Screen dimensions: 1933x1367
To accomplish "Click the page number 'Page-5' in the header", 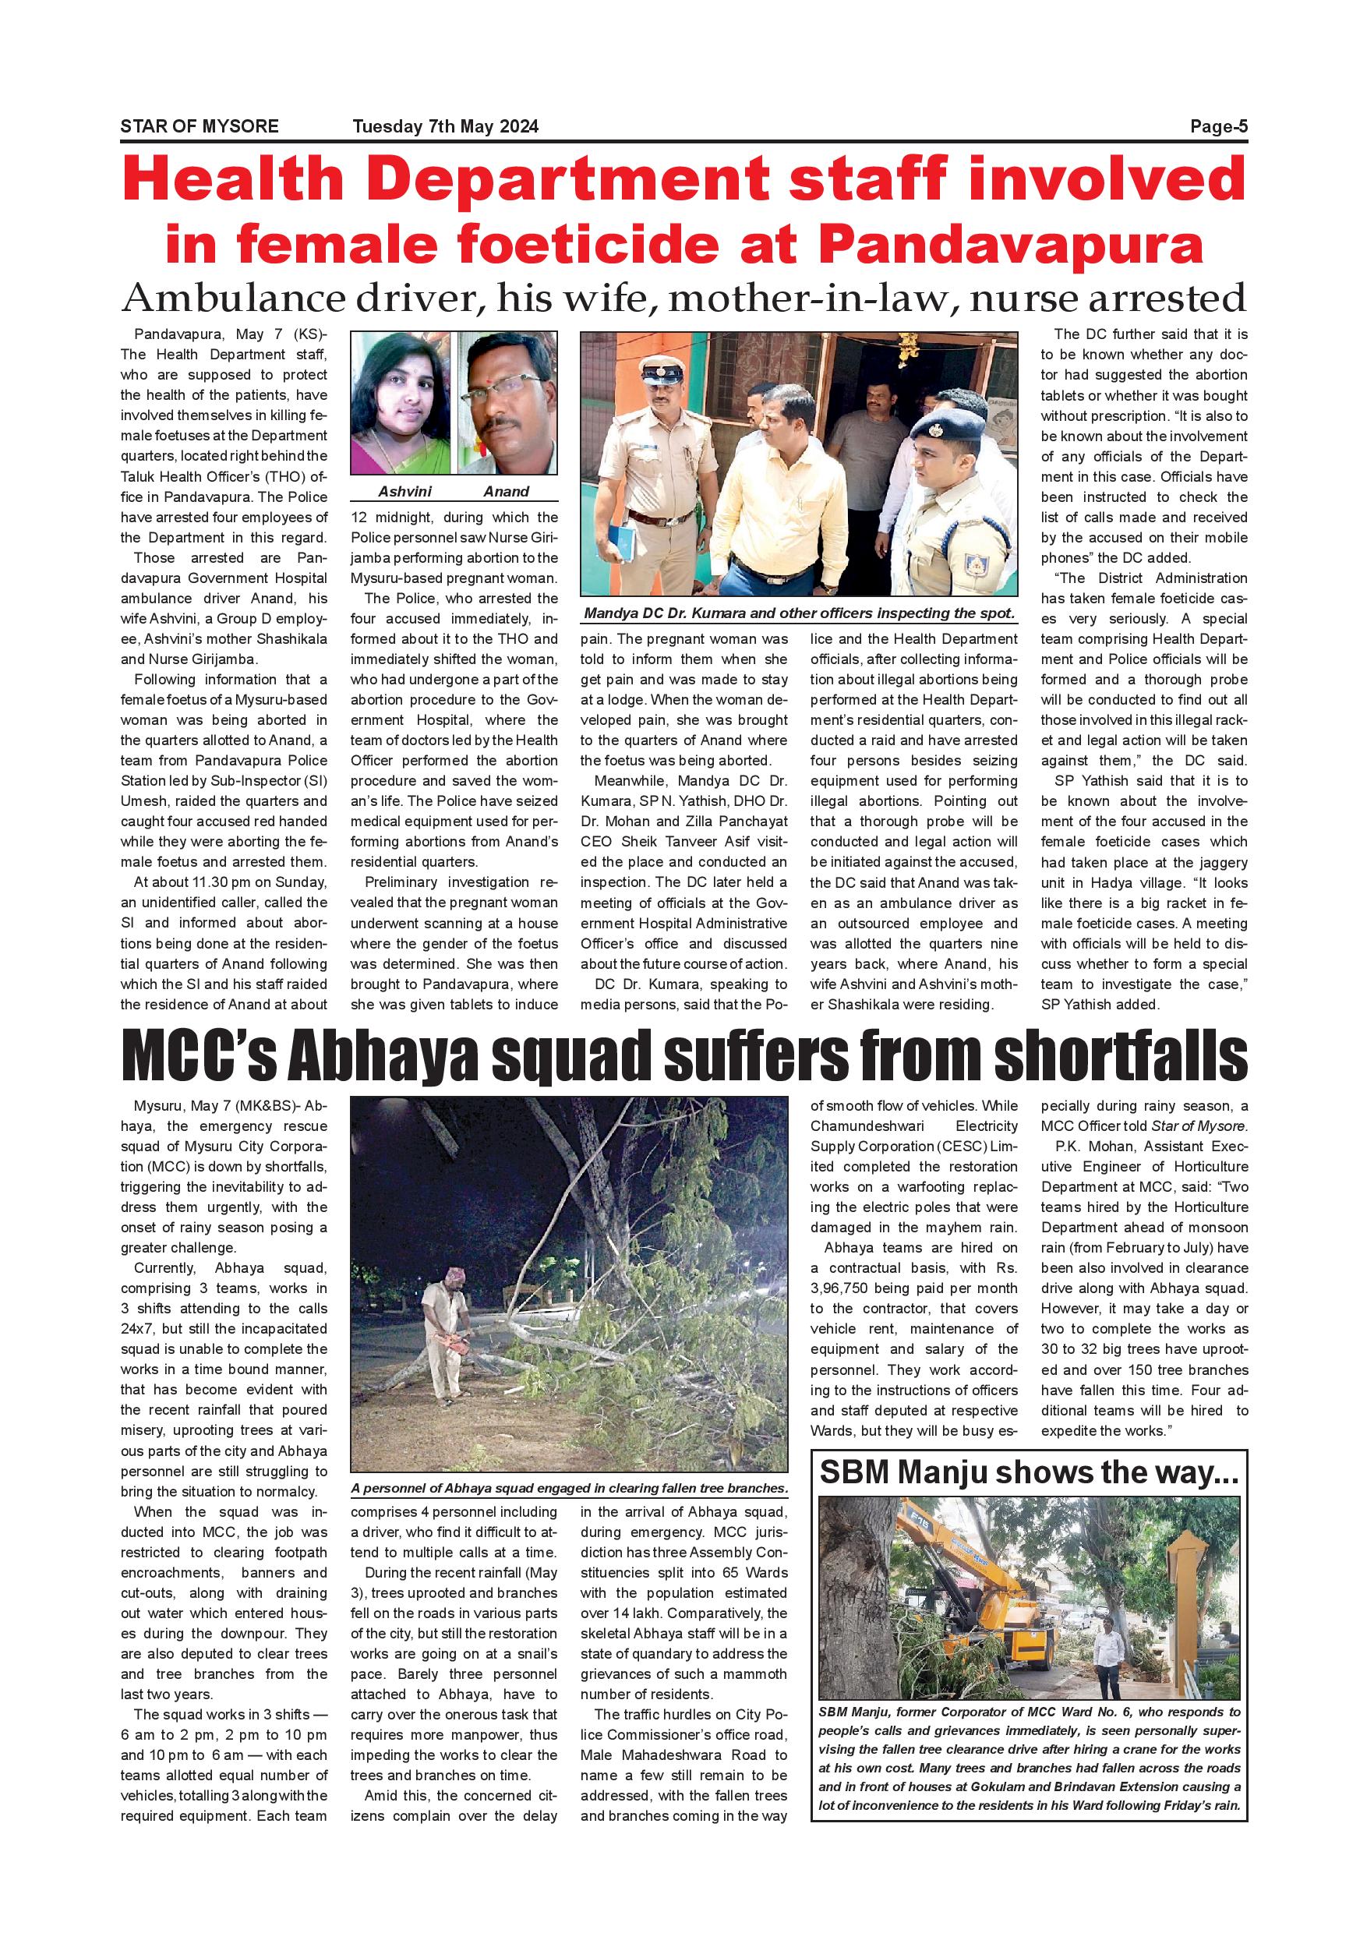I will (1218, 127).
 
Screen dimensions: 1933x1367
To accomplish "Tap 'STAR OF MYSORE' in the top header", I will (200, 127).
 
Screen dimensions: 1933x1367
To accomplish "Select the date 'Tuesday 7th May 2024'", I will (445, 127).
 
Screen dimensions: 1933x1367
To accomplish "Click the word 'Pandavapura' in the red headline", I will (1011, 245).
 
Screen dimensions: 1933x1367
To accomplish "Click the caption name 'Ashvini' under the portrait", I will (401, 492).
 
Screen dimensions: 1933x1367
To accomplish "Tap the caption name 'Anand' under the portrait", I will (506, 492).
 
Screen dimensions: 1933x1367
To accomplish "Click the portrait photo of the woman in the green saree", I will (402, 404).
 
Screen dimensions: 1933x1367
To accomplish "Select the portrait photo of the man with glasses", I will (507, 404).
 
